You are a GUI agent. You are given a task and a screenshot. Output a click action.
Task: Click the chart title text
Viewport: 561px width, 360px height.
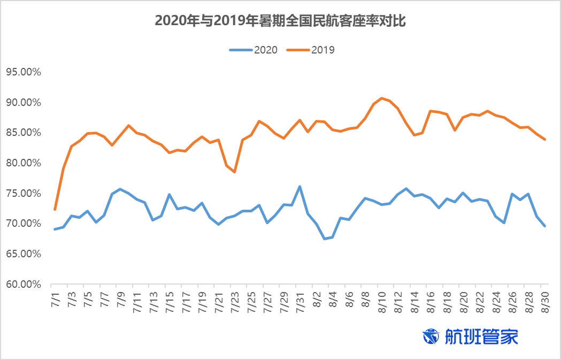[x=281, y=21]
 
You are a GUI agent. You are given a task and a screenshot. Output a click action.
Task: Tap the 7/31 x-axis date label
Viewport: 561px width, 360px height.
[x=299, y=297]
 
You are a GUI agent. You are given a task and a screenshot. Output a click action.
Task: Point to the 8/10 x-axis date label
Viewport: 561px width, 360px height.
[x=381, y=297]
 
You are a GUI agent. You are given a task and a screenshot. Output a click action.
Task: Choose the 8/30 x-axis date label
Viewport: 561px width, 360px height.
[x=544, y=297]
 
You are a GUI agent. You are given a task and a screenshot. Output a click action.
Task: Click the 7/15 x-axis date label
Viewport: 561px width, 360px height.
[x=169, y=297]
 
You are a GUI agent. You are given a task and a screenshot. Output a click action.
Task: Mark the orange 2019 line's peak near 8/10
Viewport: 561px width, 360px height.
[x=381, y=98]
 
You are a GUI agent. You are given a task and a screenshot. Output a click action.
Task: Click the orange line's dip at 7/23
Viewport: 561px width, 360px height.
[x=234, y=172]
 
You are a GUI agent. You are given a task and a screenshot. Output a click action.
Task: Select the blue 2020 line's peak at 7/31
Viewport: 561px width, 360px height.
[x=299, y=186]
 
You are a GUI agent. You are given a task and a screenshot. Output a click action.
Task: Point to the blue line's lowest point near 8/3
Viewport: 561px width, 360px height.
[x=324, y=239]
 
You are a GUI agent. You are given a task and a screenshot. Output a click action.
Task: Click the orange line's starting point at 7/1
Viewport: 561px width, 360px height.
[x=55, y=209]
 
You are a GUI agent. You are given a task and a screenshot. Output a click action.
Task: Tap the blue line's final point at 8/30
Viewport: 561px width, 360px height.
[x=544, y=226]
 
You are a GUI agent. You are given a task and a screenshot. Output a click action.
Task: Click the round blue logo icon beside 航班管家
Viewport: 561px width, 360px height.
[x=431, y=336]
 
